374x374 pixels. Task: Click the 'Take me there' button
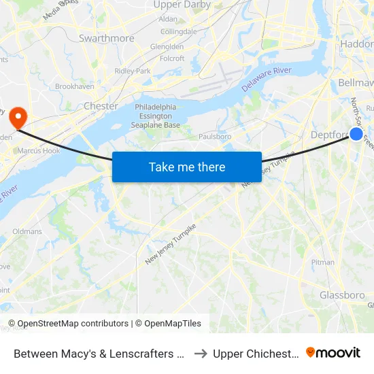coord(187,167)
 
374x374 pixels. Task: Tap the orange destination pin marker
coord(16,116)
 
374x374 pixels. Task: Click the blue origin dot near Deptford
coord(356,134)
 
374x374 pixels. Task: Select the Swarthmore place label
coord(107,39)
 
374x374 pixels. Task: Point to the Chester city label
coord(101,106)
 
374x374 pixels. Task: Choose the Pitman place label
coord(322,262)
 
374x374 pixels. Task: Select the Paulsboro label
coord(215,137)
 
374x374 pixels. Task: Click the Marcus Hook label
coord(38,150)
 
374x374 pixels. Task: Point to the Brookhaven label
coord(74,86)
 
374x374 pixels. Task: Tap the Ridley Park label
coord(133,71)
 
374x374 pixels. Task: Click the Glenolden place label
coord(167,47)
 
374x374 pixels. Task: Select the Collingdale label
coord(178,31)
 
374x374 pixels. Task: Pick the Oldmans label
coord(27,231)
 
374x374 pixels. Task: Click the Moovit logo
coord(333,353)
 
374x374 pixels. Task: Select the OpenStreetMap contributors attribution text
coord(68,324)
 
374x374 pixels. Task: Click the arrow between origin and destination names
coord(200,354)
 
